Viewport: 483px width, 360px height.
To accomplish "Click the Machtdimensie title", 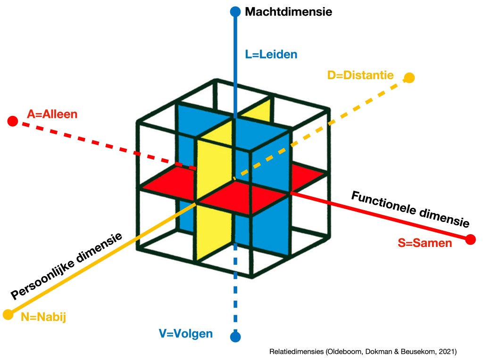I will (x=288, y=12).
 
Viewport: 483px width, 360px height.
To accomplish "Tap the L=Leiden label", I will (x=271, y=54).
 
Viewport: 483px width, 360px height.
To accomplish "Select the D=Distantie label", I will (x=360, y=75).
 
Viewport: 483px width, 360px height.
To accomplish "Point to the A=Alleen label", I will (x=52, y=114).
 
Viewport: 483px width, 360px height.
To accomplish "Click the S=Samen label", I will (x=425, y=243).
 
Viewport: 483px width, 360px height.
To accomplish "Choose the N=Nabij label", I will (x=43, y=317).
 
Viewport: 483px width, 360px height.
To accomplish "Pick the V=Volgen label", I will (x=185, y=334).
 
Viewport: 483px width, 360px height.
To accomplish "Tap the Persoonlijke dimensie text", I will (x=67, y=266).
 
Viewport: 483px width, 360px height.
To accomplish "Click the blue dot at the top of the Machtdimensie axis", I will (x=235, y=11).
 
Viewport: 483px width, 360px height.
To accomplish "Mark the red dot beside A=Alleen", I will (x=13, y=122).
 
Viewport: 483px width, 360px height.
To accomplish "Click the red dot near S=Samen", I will (x=470, y=239).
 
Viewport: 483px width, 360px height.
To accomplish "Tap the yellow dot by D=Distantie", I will (x=409, y=78).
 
